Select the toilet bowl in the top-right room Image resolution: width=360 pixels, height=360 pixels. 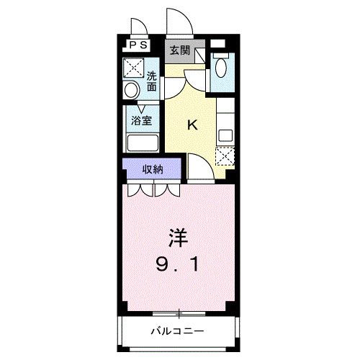pyautogui.click(x=220, y=71)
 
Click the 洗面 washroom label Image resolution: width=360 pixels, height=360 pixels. pyautogui.click(x=152, y=81)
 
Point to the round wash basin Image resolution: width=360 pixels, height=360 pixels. pyautogui.click(x=131, y=91)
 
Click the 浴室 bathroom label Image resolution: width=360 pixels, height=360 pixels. pyautogui.click(x=141, y=120)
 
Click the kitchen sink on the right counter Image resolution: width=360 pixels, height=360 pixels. pyautogui.click(x=225, y=134)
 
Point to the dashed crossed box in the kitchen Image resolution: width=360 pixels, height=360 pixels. pyautogui.click(x=225, y=156)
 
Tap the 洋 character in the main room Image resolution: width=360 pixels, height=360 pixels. pyautogui.click(x=179, y=238)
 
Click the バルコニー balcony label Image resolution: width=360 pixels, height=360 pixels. pyautogui.click(x=178, y=332)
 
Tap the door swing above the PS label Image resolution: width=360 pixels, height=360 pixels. pyautogui.click(x=139, y=27)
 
